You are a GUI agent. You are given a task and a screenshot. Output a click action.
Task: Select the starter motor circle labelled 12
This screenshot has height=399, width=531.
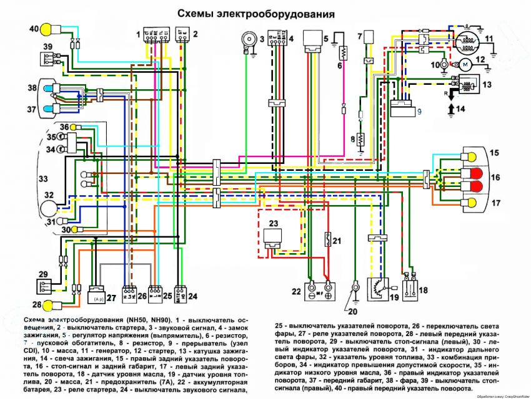tap(465, 63)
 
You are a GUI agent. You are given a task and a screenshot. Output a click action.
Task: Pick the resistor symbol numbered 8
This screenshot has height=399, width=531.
tap(360, 140)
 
